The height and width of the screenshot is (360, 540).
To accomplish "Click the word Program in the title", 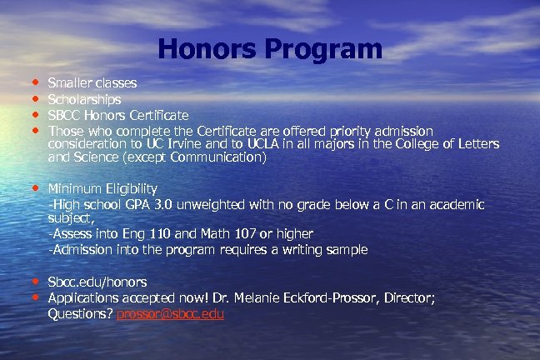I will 322,50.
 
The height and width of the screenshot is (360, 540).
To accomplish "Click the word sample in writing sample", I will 346,249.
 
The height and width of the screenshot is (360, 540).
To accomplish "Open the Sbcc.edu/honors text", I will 97,282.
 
